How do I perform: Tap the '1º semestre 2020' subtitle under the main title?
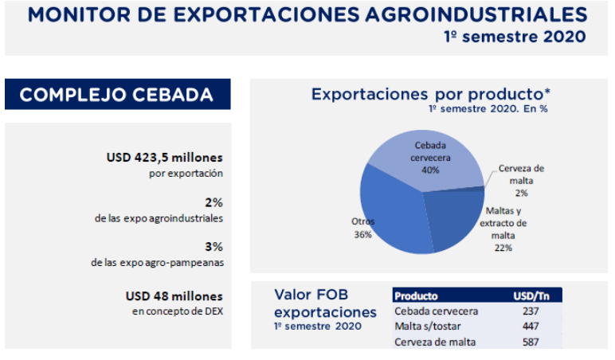[515, 37]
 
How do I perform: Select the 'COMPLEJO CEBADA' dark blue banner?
[116, 95]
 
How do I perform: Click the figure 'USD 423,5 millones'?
[164, 158]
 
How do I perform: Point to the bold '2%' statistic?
[213, 202]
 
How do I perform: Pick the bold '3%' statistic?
[213, 247]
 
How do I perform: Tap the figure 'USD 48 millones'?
[174, 295]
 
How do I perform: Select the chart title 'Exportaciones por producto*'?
[431, 94]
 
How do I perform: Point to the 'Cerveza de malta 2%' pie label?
[521, 180]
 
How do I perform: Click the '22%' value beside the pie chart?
[502, 248]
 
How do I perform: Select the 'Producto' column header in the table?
[416, 295]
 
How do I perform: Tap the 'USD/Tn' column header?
[531, 295]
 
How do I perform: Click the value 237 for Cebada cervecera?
[531, 311]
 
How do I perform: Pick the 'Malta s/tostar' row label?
[427, 327]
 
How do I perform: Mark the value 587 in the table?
[531, 342]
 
